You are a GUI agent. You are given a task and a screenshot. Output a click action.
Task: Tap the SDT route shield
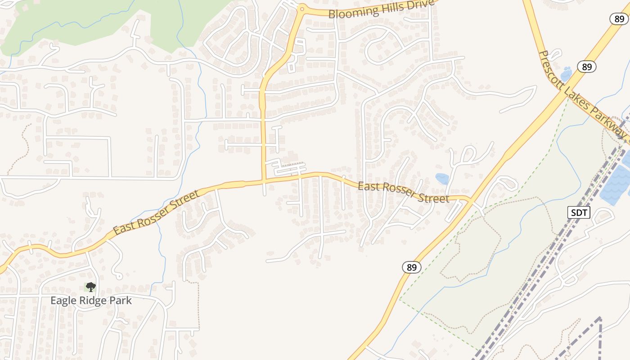(578, 212)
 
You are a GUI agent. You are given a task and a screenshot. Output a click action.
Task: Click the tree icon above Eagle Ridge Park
(91, 287)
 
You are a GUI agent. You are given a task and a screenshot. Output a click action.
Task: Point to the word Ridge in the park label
(95, 301)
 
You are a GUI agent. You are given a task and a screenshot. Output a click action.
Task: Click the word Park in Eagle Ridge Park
(121, 301)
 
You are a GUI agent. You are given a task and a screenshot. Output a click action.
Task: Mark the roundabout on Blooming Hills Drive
(302, 9)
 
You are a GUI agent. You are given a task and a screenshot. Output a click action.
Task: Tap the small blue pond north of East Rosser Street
(442, 179)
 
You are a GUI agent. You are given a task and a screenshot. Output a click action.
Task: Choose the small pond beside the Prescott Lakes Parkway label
(566, 73)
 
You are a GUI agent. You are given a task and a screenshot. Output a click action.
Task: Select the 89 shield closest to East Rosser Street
(411, 267)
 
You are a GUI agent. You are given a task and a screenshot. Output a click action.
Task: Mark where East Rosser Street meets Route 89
(471, 199)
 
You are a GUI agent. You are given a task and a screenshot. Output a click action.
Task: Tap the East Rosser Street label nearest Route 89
(403, 192)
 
